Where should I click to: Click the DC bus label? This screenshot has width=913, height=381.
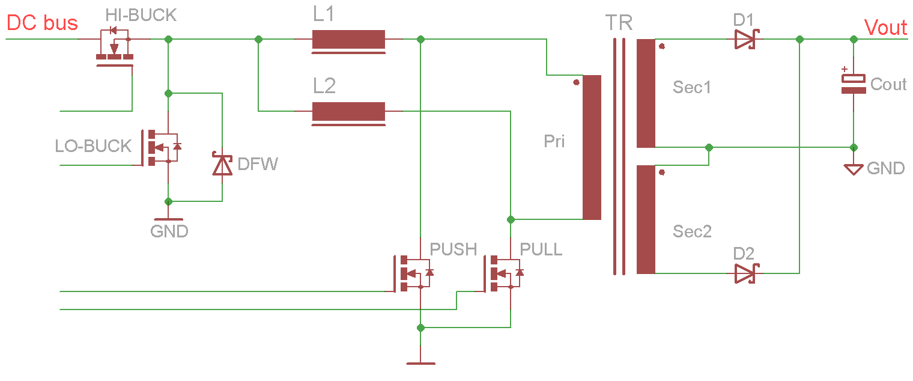pos(42,23)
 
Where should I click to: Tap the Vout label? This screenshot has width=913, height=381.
pos(885,27)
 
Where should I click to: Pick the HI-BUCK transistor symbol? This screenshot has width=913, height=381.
pos(115,46)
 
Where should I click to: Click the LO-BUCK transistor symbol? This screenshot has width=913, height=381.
pos(160,148)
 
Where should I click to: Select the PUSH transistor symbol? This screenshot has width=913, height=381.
pos(413,273)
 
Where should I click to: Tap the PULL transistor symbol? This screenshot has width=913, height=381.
pos(503,273)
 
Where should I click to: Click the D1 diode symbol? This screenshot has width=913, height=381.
pos(747,40)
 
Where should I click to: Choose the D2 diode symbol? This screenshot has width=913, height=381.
pos(747,273)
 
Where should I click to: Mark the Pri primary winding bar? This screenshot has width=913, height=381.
pos(592,147)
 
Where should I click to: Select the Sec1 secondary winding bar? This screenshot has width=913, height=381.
pos(646,93)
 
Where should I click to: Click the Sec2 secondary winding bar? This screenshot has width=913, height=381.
pos(646,219)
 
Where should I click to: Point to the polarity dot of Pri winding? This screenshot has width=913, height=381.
pos(576,82)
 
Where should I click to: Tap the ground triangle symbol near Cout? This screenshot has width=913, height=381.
pos(854,169)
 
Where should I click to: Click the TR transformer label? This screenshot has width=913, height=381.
pos(619,23)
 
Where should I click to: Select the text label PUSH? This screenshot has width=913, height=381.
pos(453,249)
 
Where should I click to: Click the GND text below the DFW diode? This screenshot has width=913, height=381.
pos(169,231)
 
